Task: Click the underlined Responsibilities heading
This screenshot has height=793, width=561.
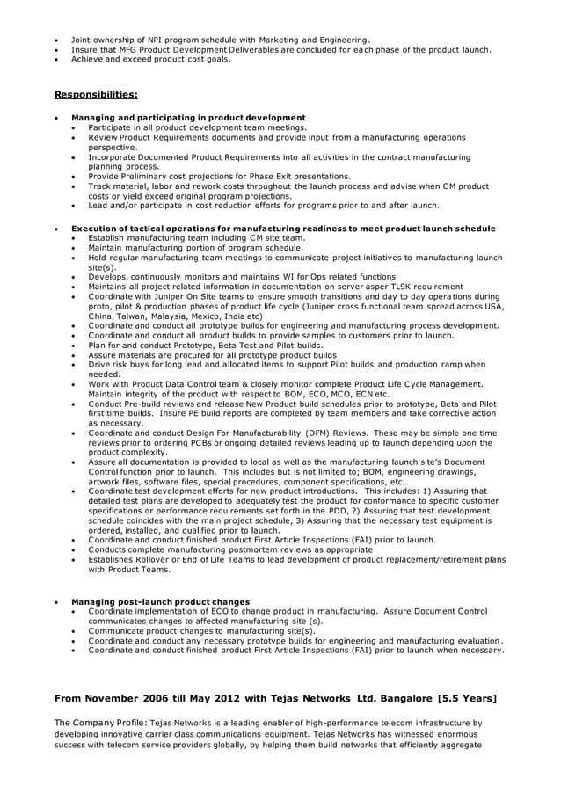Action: (x=96, y=94)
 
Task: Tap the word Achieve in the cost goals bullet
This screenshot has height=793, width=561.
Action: (x=89, y=59)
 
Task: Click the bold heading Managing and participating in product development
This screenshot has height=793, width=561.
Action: (x=188, y=118)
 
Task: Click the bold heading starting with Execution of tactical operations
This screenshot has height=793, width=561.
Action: (x=283, y=229)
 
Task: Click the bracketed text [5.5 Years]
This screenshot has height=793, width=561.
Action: (x=466, y=699)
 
